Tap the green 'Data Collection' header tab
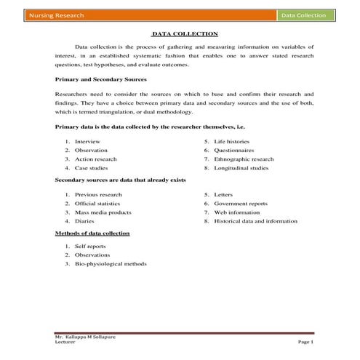tap(305, 15)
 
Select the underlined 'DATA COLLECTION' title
tap(184, 33)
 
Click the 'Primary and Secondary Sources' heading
tap(101, 79)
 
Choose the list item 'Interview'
tap(88, 140)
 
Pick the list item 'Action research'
tap(96, 159)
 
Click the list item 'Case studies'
tap(91, 168)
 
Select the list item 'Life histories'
tap(232, 140)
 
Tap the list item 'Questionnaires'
tap(234, 150)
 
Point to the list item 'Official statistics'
tap(99, 204)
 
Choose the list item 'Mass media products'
tap(103, 212)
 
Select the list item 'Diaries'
tap(84, 221)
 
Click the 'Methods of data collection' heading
tap(92, 233)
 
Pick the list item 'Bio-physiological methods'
tap(111, 263)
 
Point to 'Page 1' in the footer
tap(305, 341)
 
